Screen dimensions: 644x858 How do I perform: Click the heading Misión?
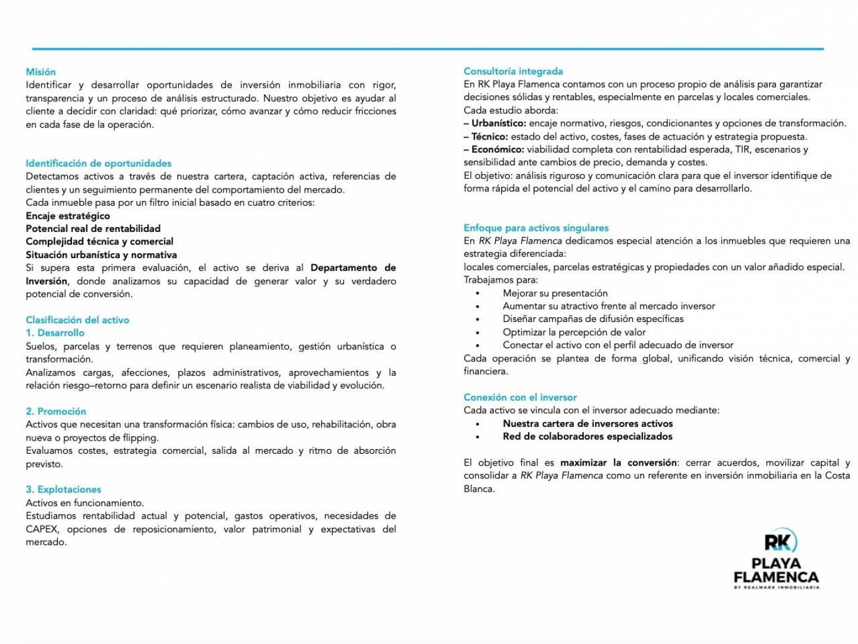click(41, 72)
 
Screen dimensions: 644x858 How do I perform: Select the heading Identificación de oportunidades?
click(98, 163)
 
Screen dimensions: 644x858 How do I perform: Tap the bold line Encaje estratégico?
click(68, 216)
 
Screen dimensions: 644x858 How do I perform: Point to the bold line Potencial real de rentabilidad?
click(93, 228)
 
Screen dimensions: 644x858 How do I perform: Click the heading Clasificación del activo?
click(77, 320)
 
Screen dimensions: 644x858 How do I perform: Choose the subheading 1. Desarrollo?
click(55, 333)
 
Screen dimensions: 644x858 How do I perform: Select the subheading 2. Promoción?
click(56, 411)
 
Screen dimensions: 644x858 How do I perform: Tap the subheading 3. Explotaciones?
click(63, 490)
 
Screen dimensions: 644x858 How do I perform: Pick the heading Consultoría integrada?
click(513, 72)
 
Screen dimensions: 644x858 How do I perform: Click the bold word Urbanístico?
click(499, 123)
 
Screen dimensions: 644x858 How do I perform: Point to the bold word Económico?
click(498, 150)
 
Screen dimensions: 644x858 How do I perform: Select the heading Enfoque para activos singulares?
click(536, 228)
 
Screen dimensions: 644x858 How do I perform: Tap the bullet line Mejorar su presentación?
click(555, 293)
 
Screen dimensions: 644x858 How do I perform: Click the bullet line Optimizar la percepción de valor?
click(574, 332)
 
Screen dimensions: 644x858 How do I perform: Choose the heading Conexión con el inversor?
click(520, 397)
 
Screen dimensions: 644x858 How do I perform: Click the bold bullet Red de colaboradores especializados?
click(587, 436)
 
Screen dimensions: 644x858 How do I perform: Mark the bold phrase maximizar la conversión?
click(618, 463)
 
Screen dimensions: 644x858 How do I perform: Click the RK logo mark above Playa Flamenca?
click(780, 541)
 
